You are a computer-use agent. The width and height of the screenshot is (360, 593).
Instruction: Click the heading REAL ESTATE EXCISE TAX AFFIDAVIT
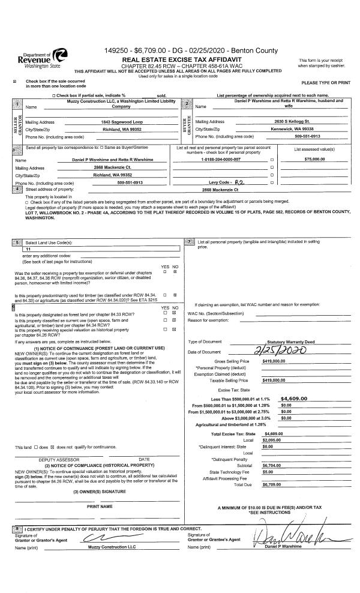[181, 61]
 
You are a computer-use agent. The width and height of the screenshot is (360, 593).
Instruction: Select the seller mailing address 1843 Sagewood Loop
[121, 121]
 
